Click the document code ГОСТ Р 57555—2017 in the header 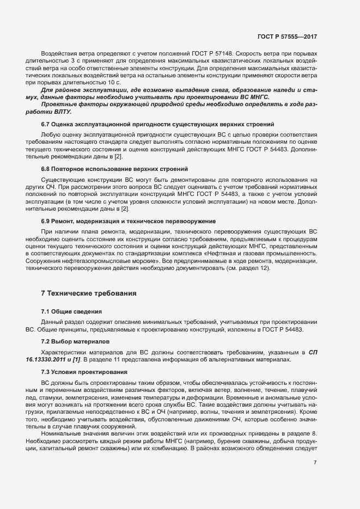[287, 36]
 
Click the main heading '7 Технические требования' [89, 293]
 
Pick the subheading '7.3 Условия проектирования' [84, 371]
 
